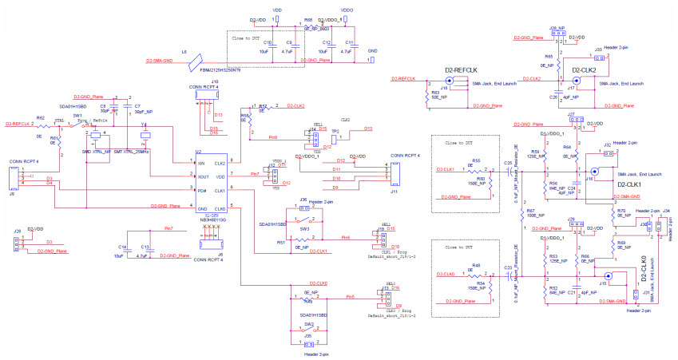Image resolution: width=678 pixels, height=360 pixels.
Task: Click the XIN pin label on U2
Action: click(189, 163)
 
